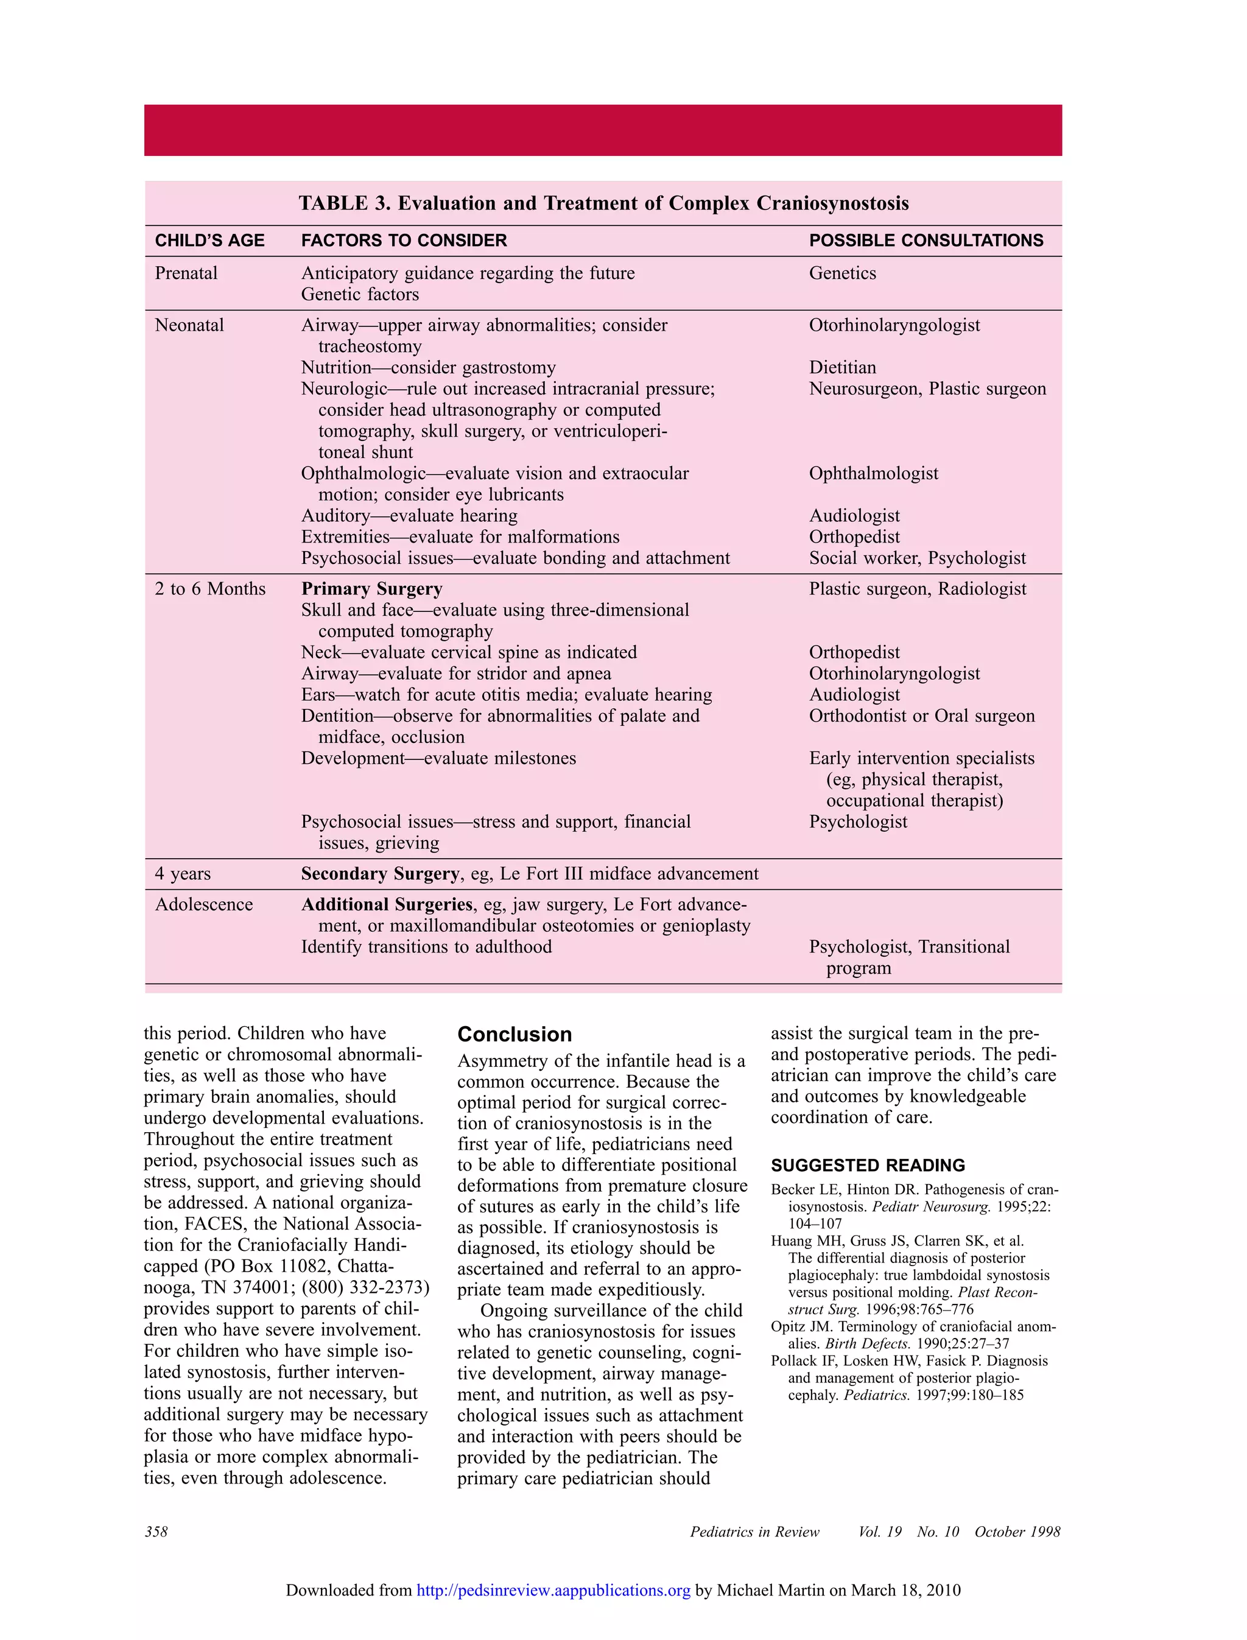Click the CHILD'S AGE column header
(209, 241)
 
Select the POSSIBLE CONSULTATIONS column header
(926, 241)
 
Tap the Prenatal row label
(186, 273)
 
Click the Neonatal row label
(189, 325)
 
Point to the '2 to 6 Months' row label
(210, 589)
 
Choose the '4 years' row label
(183, 874)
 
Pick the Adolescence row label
(203, 904)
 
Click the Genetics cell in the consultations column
(843, 273)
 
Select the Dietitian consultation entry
(843, 367)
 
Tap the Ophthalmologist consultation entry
(874, 474)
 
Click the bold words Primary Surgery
(371, 589)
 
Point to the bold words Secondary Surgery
(379, 874)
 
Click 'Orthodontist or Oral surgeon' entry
(922, 716)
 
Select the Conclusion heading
(515, 1034)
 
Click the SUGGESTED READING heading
(868, 1166)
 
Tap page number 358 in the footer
(156, 1532)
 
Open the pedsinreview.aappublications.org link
(553, 1590)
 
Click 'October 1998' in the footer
(1017, 1532)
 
